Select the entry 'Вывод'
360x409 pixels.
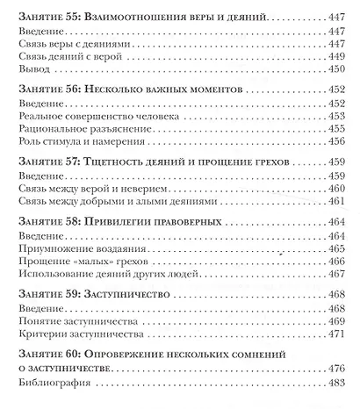point(34,75)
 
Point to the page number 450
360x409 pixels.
point(338,75)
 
